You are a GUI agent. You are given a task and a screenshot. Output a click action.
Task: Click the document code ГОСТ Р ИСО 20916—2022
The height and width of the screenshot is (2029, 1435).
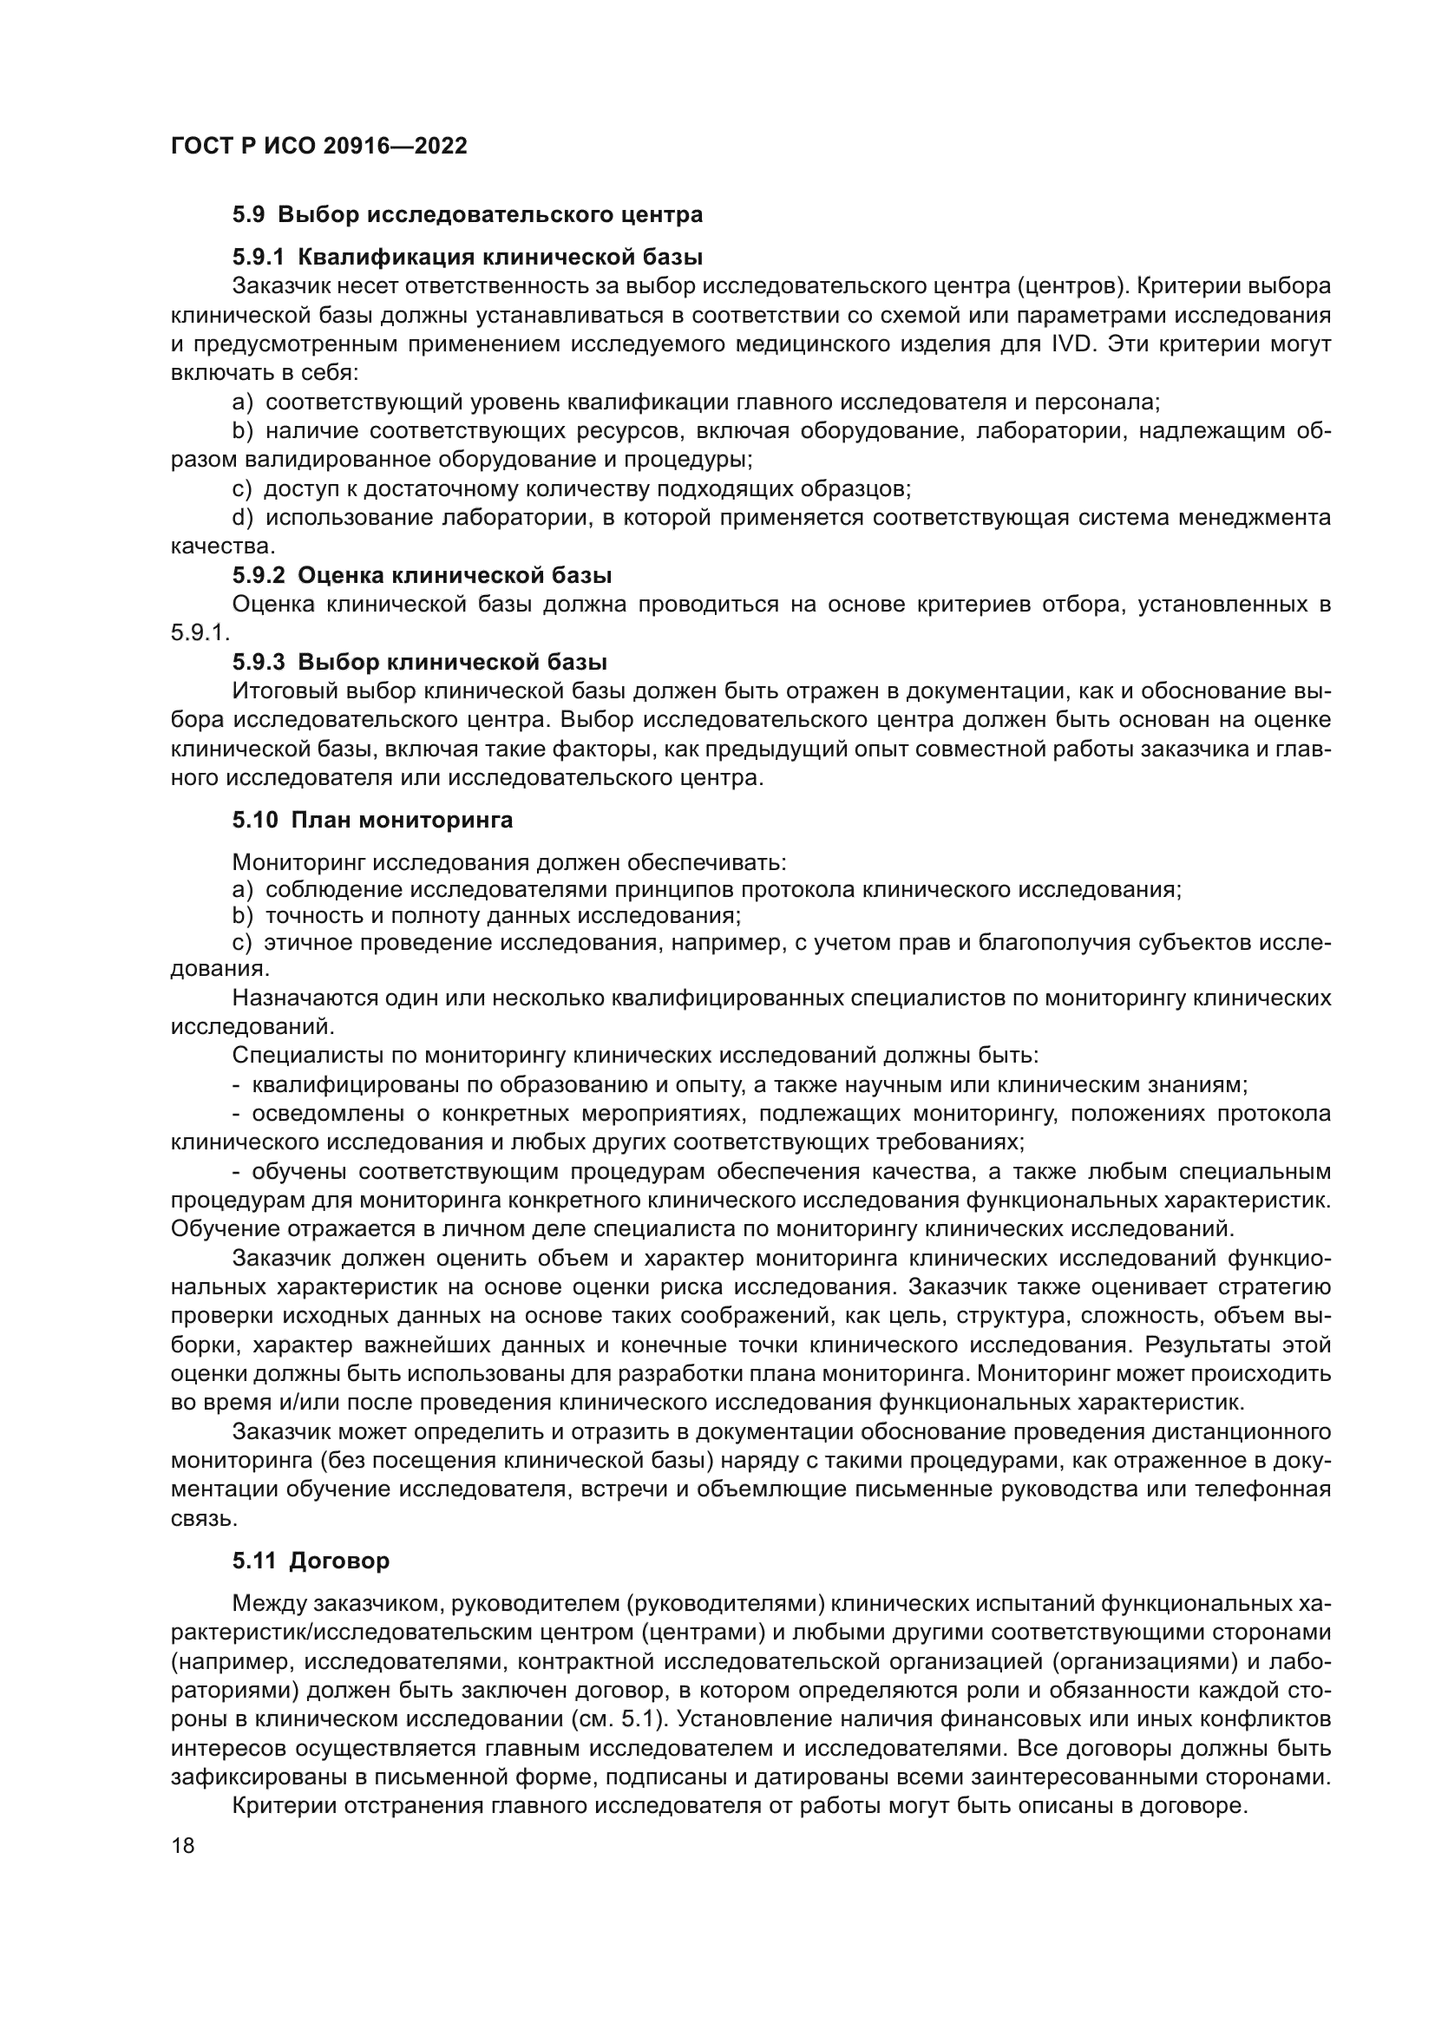(319, 147)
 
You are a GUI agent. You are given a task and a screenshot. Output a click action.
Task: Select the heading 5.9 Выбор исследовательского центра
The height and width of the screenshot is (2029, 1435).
(468, 215)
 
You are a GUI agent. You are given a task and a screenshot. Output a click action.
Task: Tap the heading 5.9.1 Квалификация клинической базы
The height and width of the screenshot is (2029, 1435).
(468, 257)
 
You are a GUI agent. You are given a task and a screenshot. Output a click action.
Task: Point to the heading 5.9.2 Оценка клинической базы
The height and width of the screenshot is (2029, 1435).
(422, 575)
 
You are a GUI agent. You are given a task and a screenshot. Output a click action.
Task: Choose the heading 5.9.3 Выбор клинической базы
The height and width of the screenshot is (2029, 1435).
(420, 662)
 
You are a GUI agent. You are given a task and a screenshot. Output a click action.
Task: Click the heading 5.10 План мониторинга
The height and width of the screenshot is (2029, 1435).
(372, 820)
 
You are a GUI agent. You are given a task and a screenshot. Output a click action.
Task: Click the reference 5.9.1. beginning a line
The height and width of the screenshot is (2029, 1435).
(200, 633)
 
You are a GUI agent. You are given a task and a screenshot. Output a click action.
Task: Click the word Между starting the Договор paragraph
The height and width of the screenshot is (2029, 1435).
(270, 1629)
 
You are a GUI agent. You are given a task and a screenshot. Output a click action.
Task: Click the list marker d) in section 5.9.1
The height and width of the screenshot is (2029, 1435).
(242, 518)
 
